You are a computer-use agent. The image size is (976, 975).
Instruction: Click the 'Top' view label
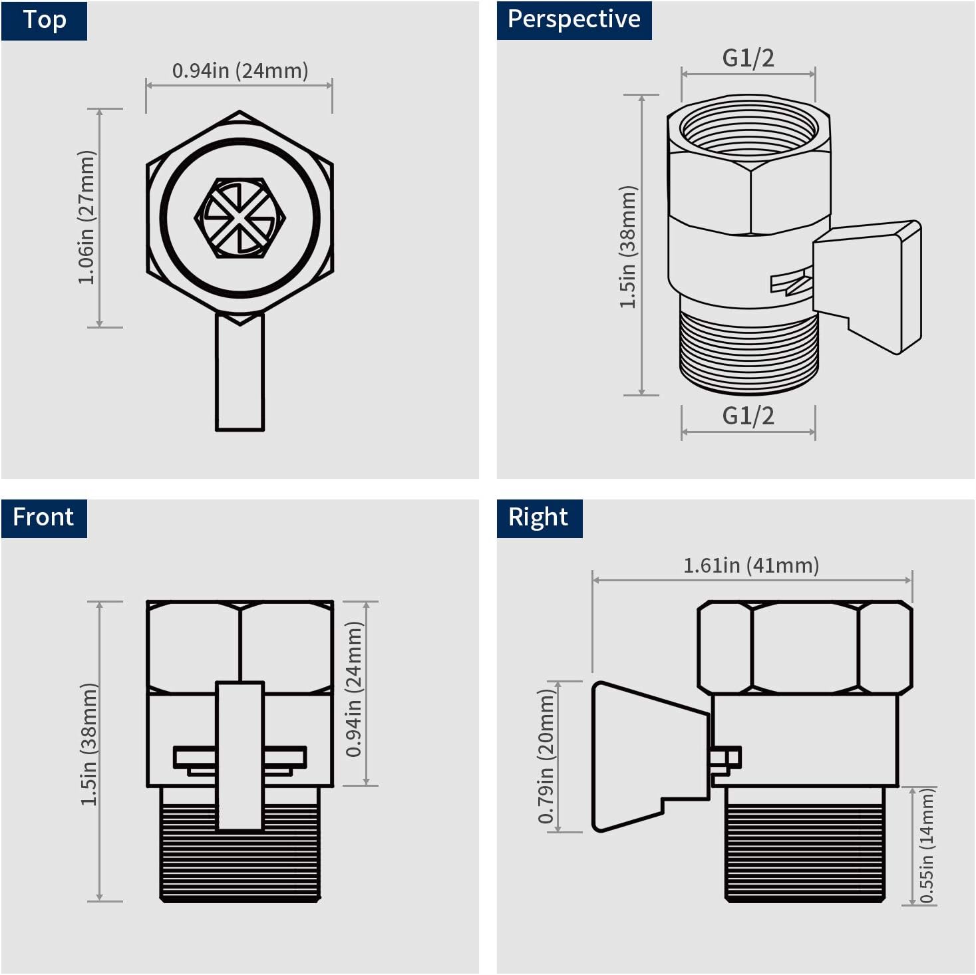tap(44, 20)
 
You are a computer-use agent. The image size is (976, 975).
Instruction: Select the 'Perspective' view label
tap(573, 20)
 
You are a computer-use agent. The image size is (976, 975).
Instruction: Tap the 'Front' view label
tap(43, 517)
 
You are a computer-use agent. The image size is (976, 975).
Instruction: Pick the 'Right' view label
tap(538, 517)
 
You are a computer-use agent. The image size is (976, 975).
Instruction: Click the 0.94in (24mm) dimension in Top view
tap(240, 70)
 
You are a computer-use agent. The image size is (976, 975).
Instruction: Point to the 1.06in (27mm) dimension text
tap(87, 217)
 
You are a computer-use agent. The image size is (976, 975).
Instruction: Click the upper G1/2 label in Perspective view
tap(748, 59)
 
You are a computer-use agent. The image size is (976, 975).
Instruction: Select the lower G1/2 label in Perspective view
tap(748, 416)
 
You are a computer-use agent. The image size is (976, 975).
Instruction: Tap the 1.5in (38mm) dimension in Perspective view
tap(629, 247)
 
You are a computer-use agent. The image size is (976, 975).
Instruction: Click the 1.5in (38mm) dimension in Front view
tap(88, 744)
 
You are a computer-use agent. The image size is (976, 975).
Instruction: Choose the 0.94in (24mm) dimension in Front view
tap(354, 689)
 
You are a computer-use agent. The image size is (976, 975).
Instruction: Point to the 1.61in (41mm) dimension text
tap(751, 565)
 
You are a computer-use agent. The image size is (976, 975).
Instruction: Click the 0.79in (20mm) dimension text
tap(546, 756)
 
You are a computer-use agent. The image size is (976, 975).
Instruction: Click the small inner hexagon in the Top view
tap(240, 217)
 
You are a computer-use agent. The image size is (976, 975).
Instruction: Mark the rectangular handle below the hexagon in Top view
tap(240, 372)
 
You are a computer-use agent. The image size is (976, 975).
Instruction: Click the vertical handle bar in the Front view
tap(240, 755)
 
